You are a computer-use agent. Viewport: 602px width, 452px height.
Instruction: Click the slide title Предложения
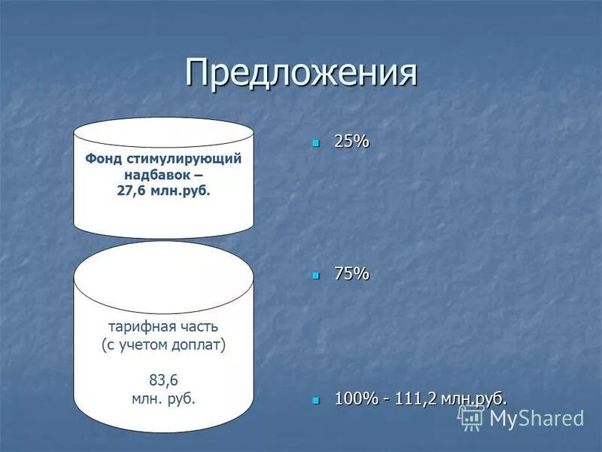301,73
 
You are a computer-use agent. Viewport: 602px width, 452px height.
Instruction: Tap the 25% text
351,141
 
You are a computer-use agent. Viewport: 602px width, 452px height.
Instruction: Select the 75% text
351,274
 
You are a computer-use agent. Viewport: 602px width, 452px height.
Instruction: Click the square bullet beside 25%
316,142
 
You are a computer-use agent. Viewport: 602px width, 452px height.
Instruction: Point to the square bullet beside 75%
316,275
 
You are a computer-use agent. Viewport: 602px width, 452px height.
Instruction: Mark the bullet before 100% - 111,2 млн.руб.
316,399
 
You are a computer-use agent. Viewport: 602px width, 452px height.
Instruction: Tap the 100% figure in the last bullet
356,398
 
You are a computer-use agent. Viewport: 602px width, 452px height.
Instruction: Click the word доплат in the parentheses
198,345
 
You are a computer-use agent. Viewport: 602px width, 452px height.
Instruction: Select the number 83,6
163,380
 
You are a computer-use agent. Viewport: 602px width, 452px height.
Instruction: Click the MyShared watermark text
537,418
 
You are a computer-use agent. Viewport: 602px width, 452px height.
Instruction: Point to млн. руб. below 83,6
163,399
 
